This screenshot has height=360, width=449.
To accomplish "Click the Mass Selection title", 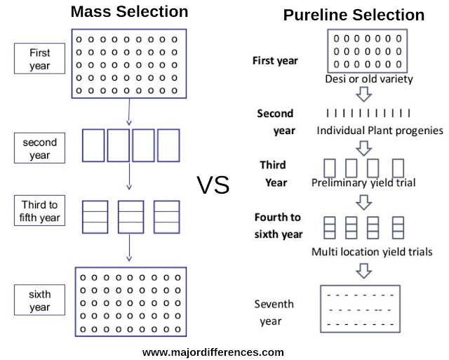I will tap(130, 12).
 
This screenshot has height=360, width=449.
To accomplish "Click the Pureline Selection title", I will tap(354, 15).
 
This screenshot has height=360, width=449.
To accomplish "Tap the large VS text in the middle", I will tap(213, 185).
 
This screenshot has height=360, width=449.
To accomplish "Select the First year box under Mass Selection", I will tap(40, 60).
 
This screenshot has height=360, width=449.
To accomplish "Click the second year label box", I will tap(40, 148).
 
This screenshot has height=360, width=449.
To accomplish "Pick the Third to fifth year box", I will tap(40, 211).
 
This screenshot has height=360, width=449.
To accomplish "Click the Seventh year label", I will tap(274, 312).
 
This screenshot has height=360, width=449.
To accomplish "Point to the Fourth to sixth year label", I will tap(279, 225).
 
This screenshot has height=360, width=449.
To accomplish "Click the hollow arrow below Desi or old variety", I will tap(363, 95).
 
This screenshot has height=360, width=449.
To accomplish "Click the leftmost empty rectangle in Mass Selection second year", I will tap(94, 145).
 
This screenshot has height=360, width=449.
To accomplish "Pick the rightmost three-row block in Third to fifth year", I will tap(166, 215).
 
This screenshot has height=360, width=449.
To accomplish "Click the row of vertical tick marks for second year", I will tap(368, 112).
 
